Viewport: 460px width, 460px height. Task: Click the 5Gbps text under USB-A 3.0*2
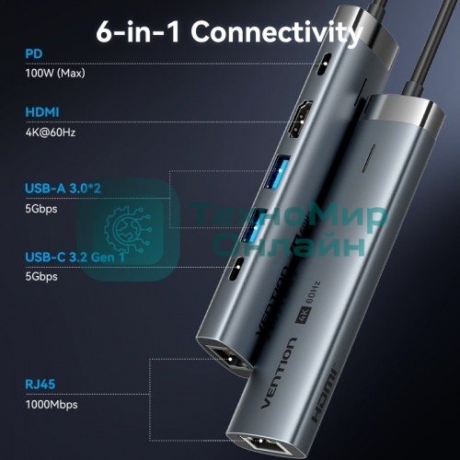tap(42, 207)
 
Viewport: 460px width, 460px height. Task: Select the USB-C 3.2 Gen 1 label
tap(76, 259)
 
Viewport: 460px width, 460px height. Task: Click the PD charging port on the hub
tap(324, 66)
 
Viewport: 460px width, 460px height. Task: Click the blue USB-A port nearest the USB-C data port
tap(250, 226)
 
